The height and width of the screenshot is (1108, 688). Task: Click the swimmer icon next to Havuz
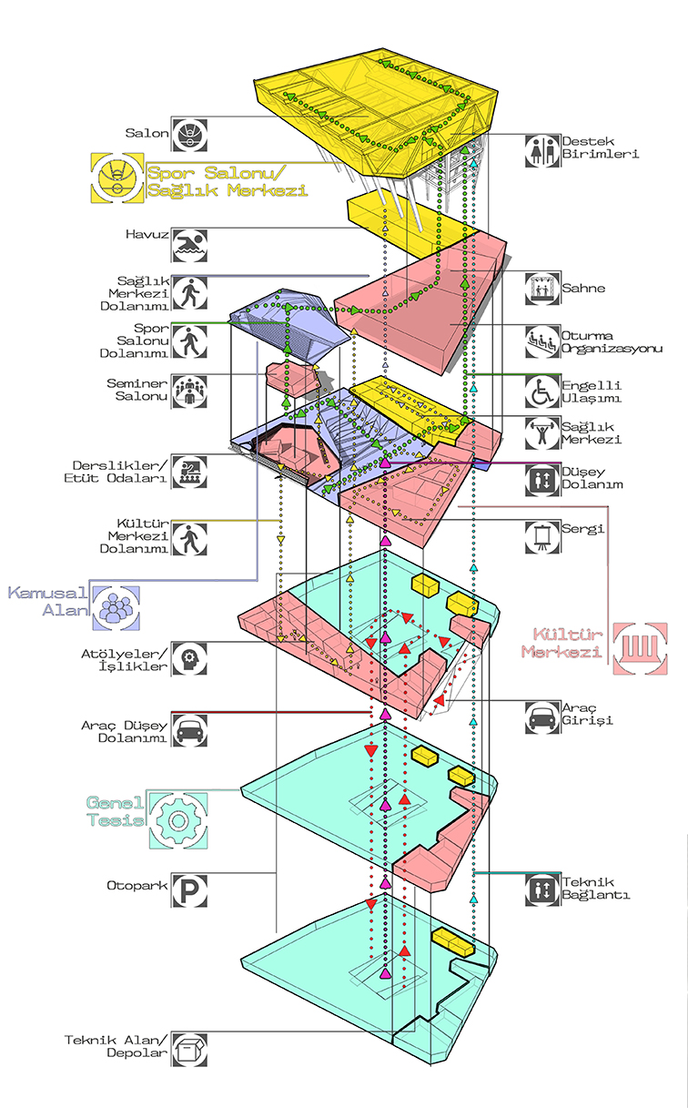pos(189,245)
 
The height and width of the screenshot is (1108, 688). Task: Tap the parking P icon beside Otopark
pos(189,890)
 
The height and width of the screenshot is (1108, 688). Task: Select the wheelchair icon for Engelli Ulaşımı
pos(542,391)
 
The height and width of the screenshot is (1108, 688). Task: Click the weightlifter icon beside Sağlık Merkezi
pos(542,432)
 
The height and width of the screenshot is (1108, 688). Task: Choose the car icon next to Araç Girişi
pos(542,717)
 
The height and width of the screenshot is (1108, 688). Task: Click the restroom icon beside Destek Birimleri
pos(542,150)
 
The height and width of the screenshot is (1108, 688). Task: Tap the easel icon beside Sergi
pos(542,536)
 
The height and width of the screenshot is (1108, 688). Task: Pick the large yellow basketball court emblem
pos(117,178)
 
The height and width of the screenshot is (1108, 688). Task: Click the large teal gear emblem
pos(178,820)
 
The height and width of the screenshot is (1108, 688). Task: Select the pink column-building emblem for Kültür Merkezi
pos(640,648)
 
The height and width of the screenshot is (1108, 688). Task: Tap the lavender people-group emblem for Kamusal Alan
pos(116,608)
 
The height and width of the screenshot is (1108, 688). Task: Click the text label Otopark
pos(137,886)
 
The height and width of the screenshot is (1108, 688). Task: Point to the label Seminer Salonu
pos(137,390)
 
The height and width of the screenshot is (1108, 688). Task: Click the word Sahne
pos(583,288)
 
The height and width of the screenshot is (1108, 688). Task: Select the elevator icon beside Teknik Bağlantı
pos(542,889)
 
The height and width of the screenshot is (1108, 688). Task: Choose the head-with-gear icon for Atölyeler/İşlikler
pos(189,659)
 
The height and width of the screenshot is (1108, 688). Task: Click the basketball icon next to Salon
pos(189,135)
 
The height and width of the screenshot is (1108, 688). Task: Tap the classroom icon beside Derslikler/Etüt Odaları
pos(189,472)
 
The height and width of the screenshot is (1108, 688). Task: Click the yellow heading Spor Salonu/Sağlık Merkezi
pos(228,181)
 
